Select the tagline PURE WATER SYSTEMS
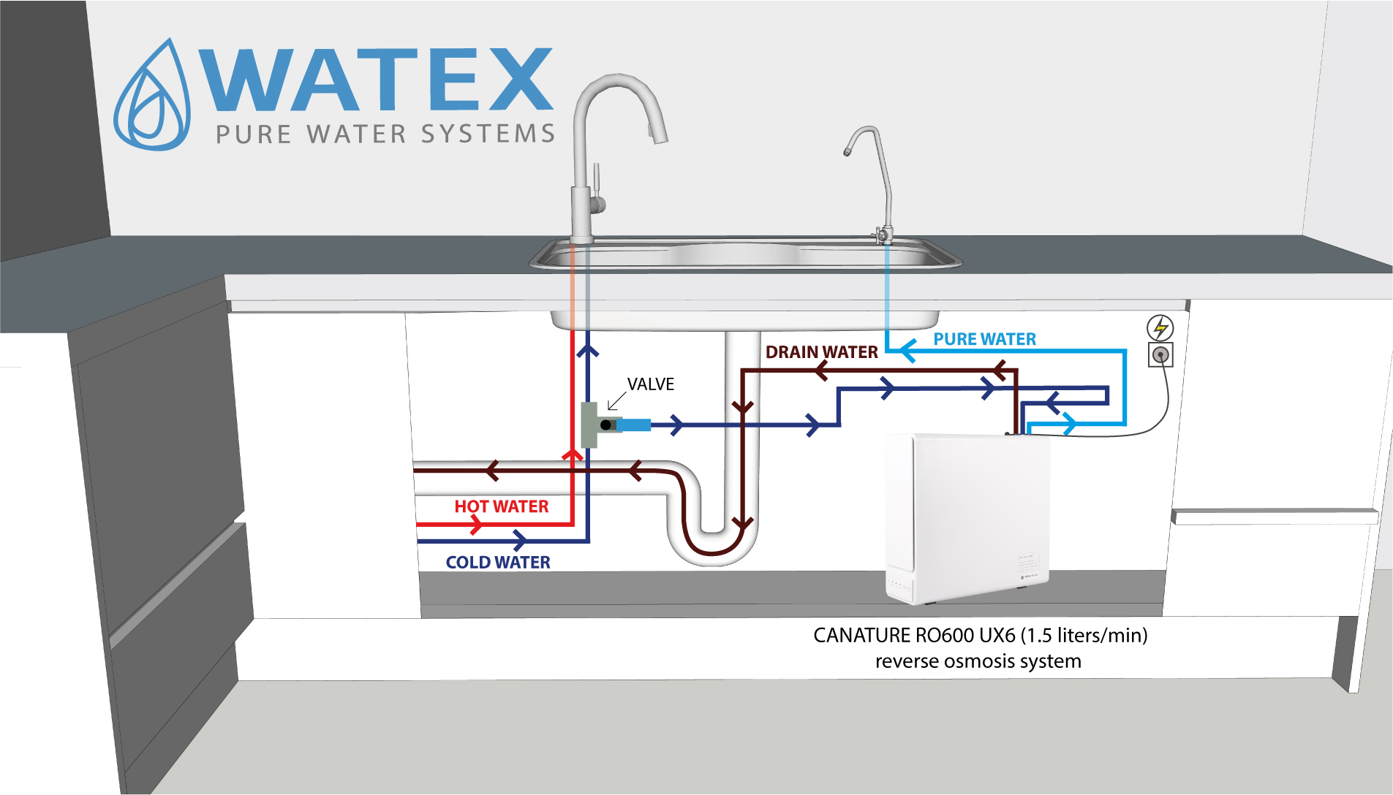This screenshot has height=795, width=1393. coord(385,134)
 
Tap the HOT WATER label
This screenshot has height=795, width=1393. coord(501,506)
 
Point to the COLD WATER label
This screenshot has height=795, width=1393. coord(498,562)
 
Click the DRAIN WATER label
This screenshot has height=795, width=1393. coord(821,352)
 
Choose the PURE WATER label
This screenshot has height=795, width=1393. coord(984,339)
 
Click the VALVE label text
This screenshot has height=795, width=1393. coord(650,384)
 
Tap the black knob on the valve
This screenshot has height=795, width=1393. coord(605,425)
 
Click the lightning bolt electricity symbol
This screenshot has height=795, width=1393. coord(1160,327)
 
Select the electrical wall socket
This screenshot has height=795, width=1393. coord(1160,355)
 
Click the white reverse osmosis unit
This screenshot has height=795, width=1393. coord(967,515)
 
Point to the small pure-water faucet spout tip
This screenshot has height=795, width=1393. coord(847,152)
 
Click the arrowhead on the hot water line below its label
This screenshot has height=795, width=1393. coord(476,524)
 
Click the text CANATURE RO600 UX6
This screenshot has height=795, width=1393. coord(914,635)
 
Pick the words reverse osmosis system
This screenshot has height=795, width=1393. coord(978,661)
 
